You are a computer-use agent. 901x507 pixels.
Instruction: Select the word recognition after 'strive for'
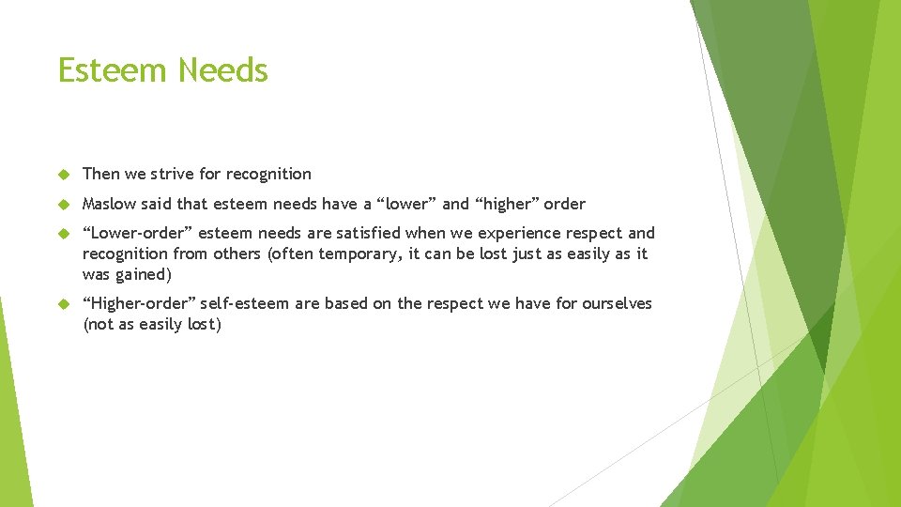pyautogui.click(x=268, y=175)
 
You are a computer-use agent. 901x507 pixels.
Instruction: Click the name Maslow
pyautogui.click(x=110, y=204)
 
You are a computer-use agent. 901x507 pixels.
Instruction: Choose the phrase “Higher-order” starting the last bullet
pyautogui.click(x=133, y=304)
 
